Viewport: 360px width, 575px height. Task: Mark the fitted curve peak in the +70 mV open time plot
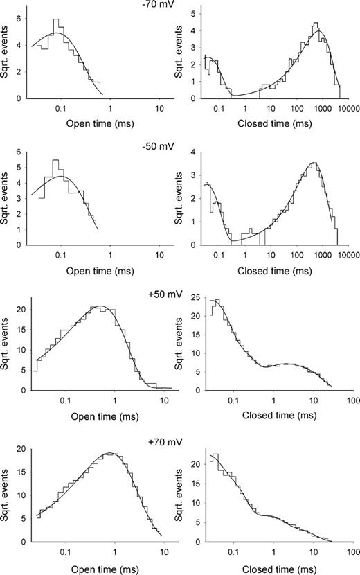tap(109, 453)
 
